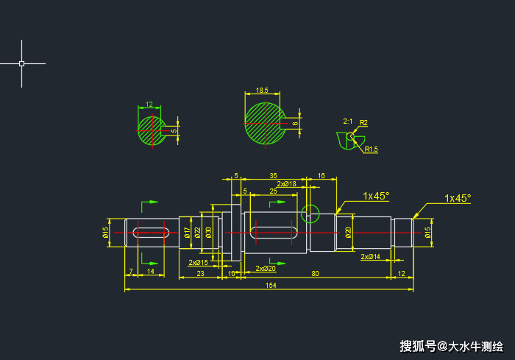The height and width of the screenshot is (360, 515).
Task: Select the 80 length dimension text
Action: pos(315,273)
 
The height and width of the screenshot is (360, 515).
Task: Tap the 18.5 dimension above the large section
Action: pos(261,91)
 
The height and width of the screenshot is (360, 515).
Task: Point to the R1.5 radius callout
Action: pos(372,149)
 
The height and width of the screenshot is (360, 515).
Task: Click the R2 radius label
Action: pos(363,122)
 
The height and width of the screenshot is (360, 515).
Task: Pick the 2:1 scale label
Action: pos(348,121)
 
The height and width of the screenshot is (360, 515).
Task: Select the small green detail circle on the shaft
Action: pos(310,214)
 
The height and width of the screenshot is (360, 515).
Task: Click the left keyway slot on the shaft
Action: pos(150,233)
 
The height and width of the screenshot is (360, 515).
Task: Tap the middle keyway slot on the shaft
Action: pos(273,233)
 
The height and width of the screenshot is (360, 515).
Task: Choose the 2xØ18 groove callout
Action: pos(287,183)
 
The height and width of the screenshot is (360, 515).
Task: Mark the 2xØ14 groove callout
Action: pos(370,257)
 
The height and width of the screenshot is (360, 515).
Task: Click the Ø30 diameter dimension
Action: pos(209,233)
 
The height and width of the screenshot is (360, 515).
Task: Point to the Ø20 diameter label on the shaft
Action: pos(348,233)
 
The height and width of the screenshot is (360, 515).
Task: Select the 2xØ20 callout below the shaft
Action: pos(266,269)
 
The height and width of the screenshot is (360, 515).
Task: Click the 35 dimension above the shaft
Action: pos(273,176)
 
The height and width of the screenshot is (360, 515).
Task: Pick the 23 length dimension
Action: pos(200,273)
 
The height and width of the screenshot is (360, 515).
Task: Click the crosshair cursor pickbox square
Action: pos(21,63)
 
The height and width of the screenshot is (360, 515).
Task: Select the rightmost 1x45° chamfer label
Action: pos(457,198)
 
